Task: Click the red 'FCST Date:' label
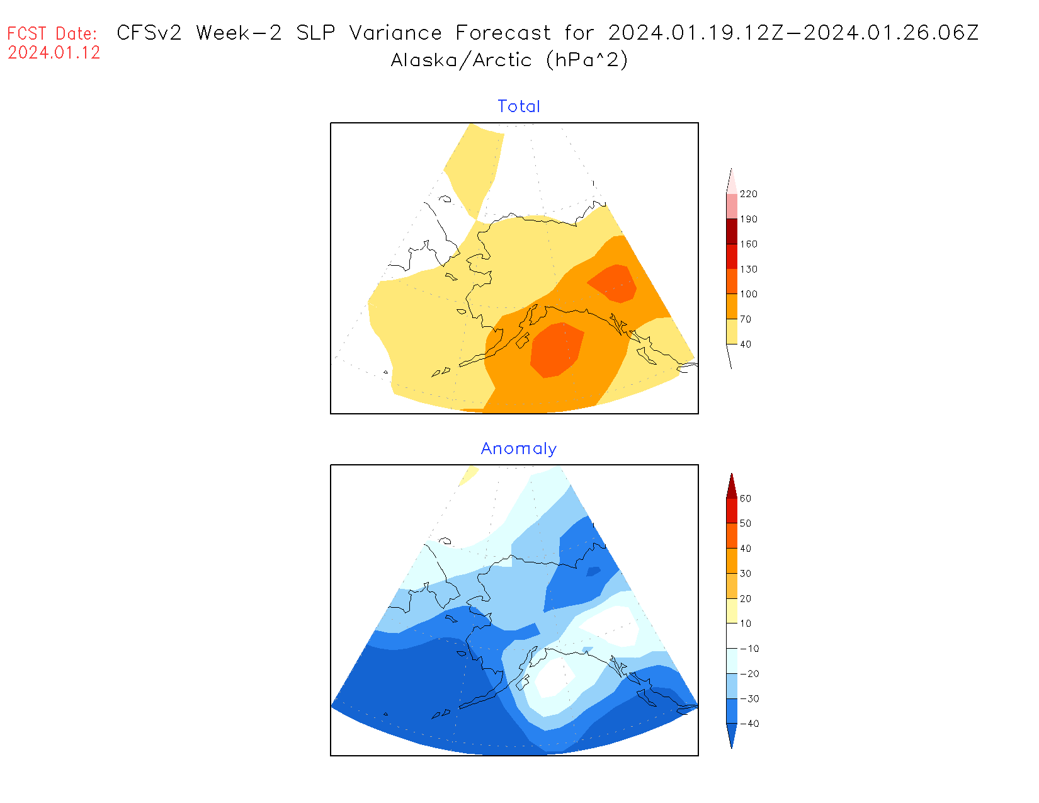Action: tap(52, 33)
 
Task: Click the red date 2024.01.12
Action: tap(54, 53)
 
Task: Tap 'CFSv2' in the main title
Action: tap(149, 33)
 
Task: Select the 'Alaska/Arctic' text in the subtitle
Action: tap(461, 60)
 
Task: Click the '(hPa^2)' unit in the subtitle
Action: tap(587, 60)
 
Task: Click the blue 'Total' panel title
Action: tap(519, 106)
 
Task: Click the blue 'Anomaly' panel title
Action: tap(519, 448)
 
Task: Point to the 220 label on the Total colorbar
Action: tap(749, 194)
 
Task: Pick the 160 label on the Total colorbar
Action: tap(749, 244)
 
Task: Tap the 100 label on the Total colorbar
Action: tap(749, 294)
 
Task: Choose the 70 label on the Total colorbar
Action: tap(746, 319)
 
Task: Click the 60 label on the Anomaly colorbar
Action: tap(746, 499)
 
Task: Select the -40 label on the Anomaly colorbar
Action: tap(749, 724)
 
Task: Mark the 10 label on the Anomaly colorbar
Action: tap(746, 624)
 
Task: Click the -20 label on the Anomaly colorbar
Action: tap(749, 674)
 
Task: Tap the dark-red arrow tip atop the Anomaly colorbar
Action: tap(732, 485)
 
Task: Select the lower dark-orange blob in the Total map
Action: tap(556, 350)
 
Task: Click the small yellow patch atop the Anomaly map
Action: tap(468, 475)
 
